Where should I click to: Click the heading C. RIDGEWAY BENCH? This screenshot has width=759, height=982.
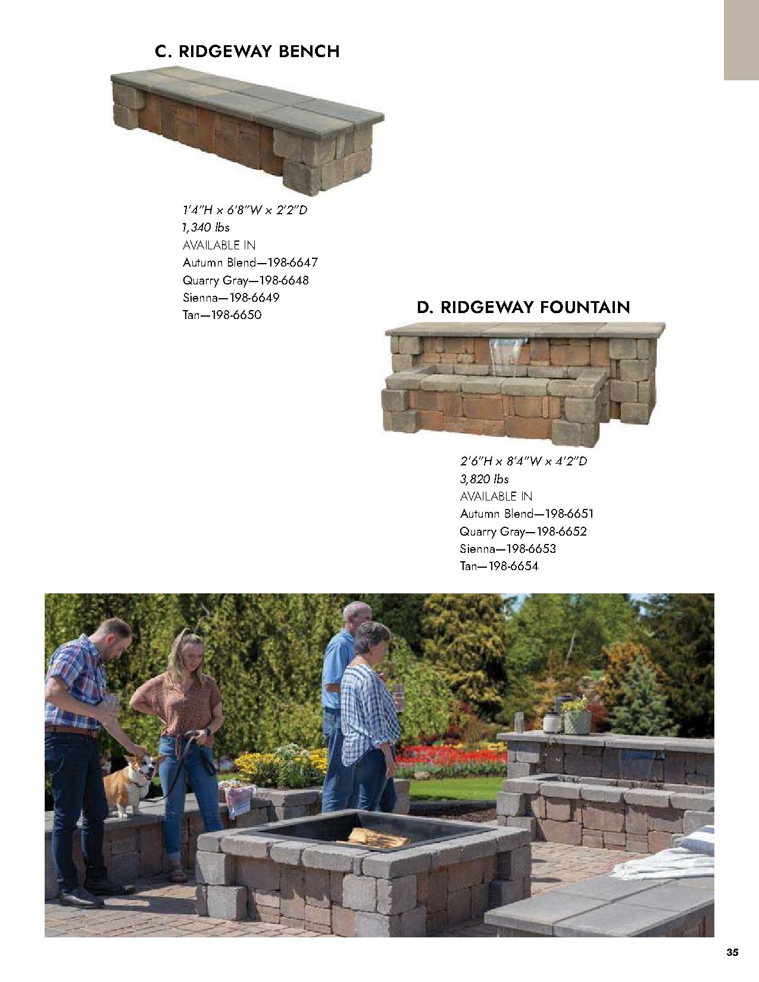coord(247,52)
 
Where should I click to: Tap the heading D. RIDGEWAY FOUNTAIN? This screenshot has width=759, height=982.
coord(523,308)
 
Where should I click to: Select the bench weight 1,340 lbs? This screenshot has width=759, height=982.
coord(206,227)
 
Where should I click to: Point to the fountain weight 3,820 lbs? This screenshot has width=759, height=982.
coord(484,479)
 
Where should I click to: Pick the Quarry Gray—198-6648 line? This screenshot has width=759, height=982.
coord(245,280)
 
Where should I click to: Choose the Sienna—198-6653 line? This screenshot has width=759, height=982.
coord(507,549)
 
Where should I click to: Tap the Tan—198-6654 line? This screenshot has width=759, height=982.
coord(499,567)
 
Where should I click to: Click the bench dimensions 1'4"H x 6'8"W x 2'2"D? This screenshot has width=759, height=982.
coord(245,210)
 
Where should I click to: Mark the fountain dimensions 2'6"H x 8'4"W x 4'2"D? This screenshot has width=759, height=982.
coord(523,461)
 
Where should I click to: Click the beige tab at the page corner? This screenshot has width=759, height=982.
coord(741,40)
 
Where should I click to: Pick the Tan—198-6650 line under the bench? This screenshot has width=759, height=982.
coord(221,315)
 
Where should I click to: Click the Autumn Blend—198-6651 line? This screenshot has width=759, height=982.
coord(526,514)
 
